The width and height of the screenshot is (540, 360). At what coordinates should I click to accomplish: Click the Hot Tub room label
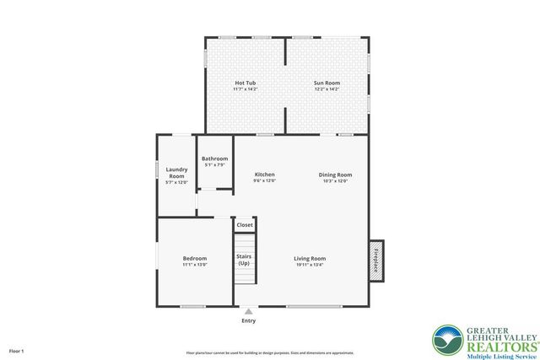click(246, 83)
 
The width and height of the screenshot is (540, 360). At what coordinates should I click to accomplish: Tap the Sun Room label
click(327, 83)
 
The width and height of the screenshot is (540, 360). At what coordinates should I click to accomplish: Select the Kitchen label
click(265, 175)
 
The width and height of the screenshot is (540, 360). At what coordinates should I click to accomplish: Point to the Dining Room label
click(335, 175)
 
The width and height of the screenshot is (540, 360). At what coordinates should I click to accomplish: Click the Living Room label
click(310, 258)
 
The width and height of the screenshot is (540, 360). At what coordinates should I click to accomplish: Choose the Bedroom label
click(195, 258)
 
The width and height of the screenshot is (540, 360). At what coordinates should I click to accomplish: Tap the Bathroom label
click(214, 159)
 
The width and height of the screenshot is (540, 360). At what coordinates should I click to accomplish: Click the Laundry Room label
click(176, 172)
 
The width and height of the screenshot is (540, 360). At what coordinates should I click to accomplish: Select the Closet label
click(245, 225)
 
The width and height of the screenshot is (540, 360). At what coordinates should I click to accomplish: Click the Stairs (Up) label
click(244, 259)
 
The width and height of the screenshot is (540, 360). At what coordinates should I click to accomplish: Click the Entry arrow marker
click(248, 311)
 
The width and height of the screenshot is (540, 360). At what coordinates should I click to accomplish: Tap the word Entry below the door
click(248, 320)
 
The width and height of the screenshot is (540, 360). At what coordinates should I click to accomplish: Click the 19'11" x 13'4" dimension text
click(310, 265)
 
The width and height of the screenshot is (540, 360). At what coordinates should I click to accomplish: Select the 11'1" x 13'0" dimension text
click(195, 265)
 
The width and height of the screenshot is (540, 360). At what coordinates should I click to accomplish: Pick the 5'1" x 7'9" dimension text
click(214, 165)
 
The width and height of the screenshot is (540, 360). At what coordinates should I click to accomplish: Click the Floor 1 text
click(17, 350)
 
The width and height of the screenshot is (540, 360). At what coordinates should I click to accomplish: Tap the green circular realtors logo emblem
click(446, 341)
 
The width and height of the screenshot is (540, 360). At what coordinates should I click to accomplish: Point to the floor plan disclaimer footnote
click(270, 352)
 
